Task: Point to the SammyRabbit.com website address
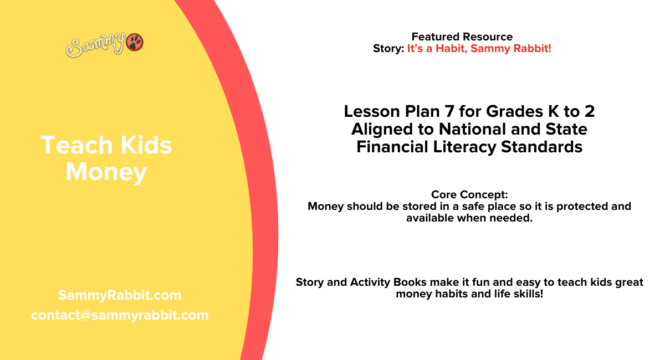(120, 295)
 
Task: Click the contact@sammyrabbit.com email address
(120, 315)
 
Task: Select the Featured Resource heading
(462, 37)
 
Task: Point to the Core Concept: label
(469, 195)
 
